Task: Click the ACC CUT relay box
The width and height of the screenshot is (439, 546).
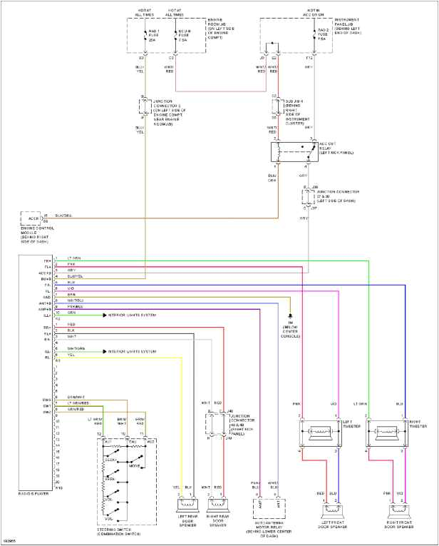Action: [294, 152]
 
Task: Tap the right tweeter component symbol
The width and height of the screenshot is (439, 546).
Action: [386, 433]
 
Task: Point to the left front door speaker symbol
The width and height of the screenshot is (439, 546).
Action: [333, 511]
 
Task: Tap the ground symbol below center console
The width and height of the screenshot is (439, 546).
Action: [290, 314]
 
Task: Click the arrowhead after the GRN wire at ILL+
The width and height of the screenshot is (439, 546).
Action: [103, 313]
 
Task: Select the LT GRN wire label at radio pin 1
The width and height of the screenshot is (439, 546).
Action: [74, 258]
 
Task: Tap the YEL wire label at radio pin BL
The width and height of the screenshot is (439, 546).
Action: [71, 354]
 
